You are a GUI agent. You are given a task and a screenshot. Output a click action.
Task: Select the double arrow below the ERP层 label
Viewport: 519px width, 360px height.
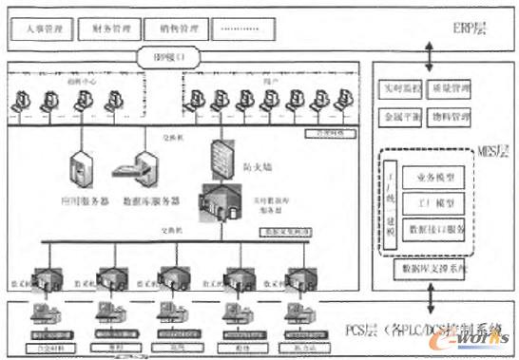pos(431,57)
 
